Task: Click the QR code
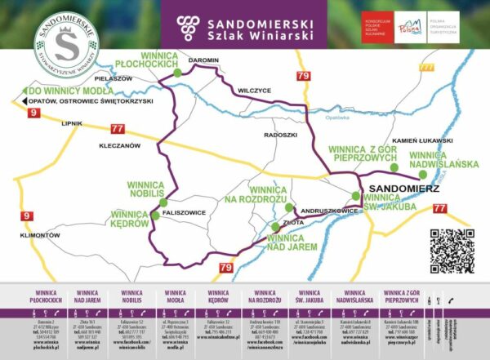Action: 451,251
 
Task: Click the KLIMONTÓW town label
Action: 33,235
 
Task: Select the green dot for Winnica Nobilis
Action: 163,202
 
